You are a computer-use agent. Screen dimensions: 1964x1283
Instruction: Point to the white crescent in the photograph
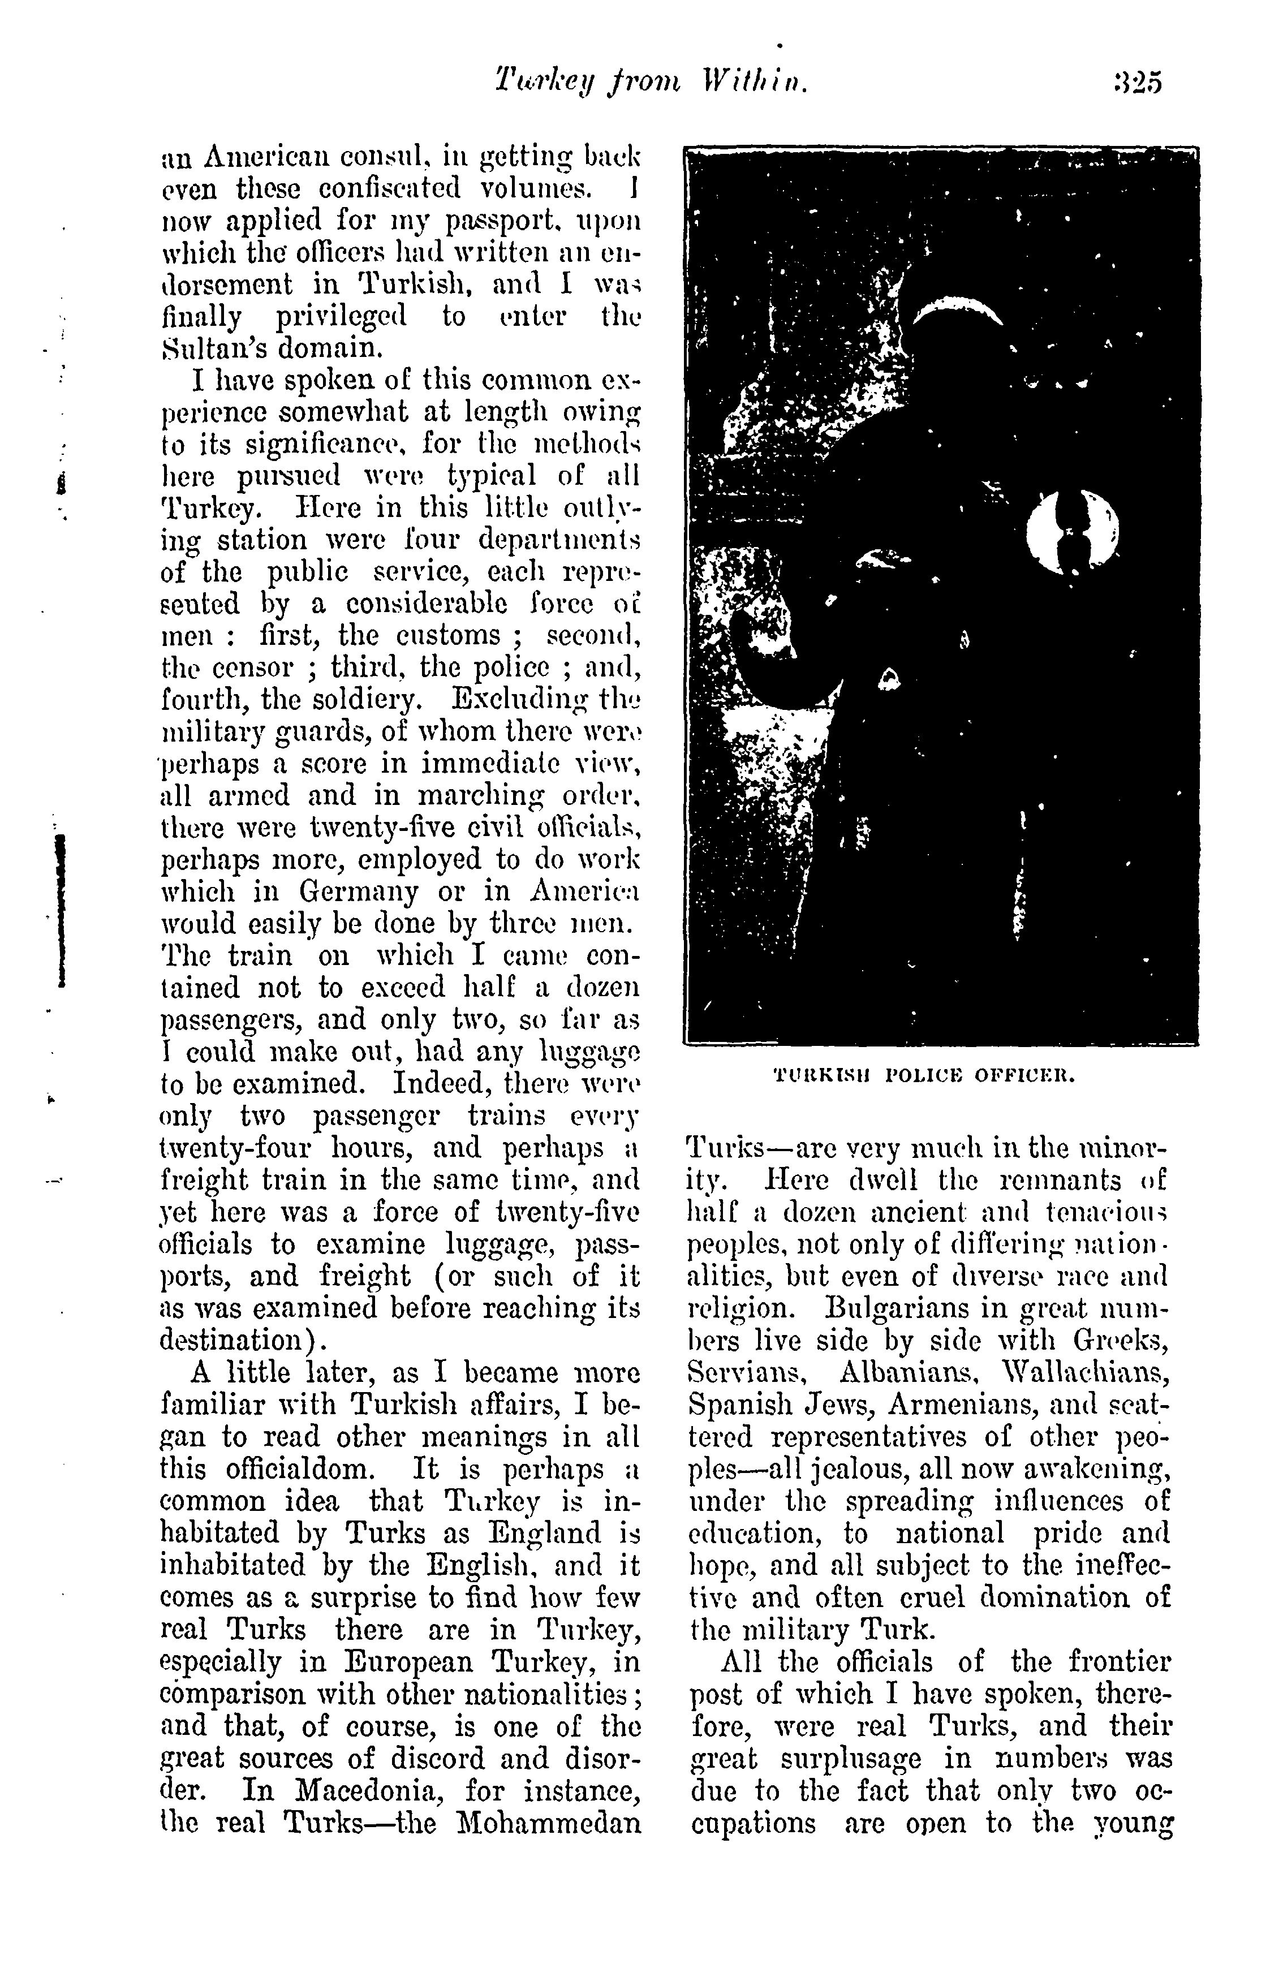click(957, 312)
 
